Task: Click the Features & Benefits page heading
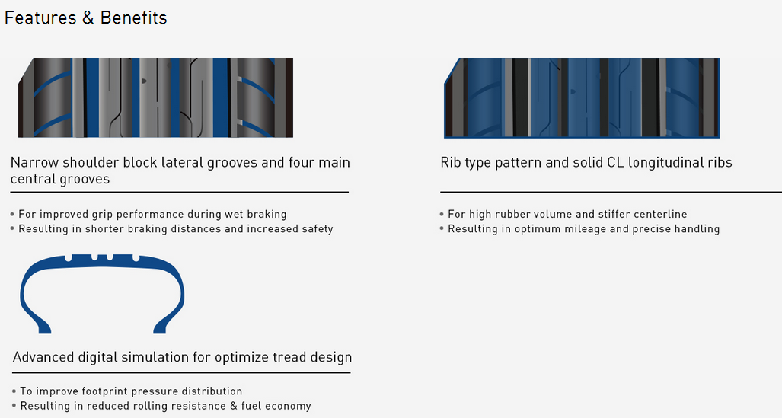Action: (x=85, y=18)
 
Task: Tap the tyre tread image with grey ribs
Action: (x=155, y=97)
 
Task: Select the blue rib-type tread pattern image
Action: (x=582, y=97)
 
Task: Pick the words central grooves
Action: (x=60, y=179)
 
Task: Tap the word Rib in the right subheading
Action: (x=451, y=163)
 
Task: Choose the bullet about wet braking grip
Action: (x=148, y=215)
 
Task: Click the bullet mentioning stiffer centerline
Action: (x=563, y=215)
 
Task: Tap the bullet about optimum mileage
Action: (x=579, y=229)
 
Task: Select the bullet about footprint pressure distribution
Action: (x=127, y=391)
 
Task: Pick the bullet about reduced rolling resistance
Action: (x=161, y=406)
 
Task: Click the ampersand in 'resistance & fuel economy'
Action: (x=233, y=406)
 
